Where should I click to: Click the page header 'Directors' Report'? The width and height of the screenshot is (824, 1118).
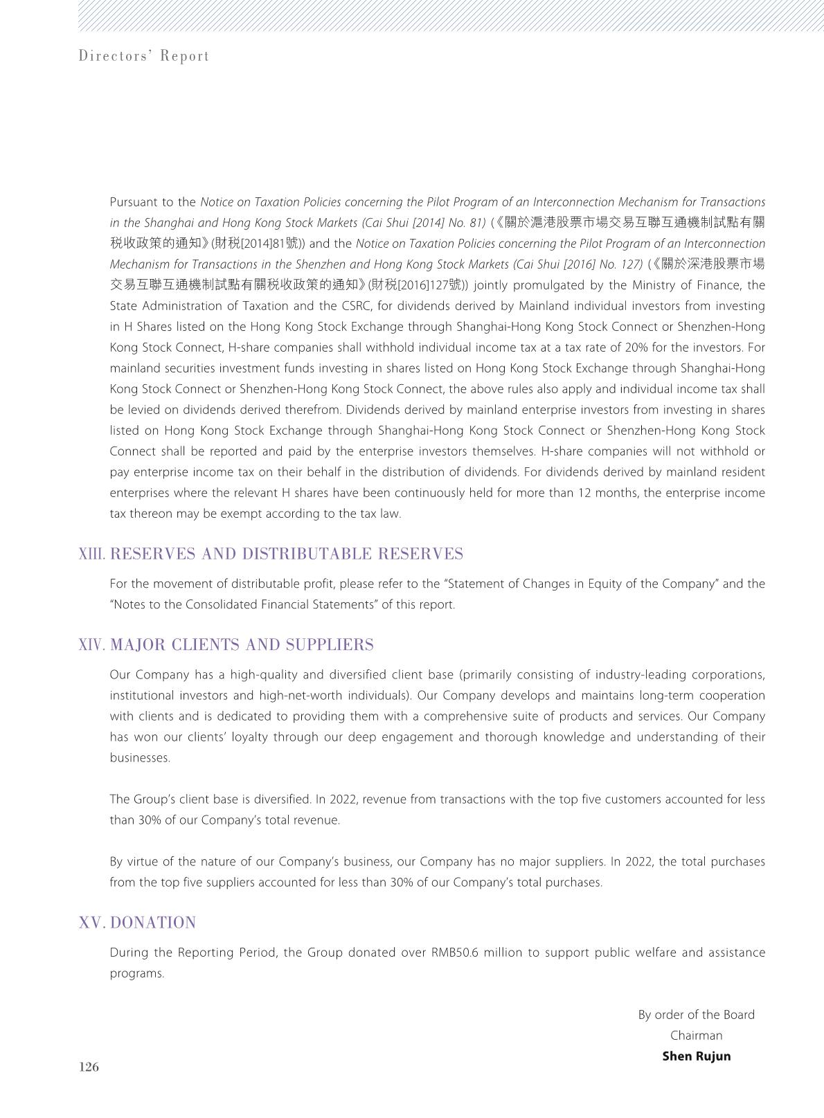pyautogui.click(x=144, y=56)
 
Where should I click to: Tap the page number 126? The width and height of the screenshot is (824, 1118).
pyautogui.click(x=89, y=1067)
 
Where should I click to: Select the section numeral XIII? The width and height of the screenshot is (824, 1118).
pyautogui.click(x=91, y=555)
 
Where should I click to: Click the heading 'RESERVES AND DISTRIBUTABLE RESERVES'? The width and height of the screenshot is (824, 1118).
pyautogui.click(x=287, y=555)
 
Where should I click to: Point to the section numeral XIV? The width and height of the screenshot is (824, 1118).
pyautogui.click(x=92, y=645)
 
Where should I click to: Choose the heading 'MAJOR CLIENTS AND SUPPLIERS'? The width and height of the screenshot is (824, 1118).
pyautogui.click(x=242, y=645)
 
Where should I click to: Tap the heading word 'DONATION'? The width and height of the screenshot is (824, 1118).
pyautogui.click(x=153, y=923)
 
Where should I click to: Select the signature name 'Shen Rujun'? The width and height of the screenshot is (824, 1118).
pyautogui.click(x=696, y=1056)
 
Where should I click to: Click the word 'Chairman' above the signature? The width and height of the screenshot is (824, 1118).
pyautogui.click(x=696, y=1036)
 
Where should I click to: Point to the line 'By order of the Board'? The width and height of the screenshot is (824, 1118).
pyautogui.click(x=696, y=1015)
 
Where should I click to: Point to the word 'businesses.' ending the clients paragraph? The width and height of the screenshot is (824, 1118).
pyautogui.click(x=140, y=758)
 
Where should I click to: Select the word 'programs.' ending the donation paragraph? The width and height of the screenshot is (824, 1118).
pyautogui.click(x=137, y=973)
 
